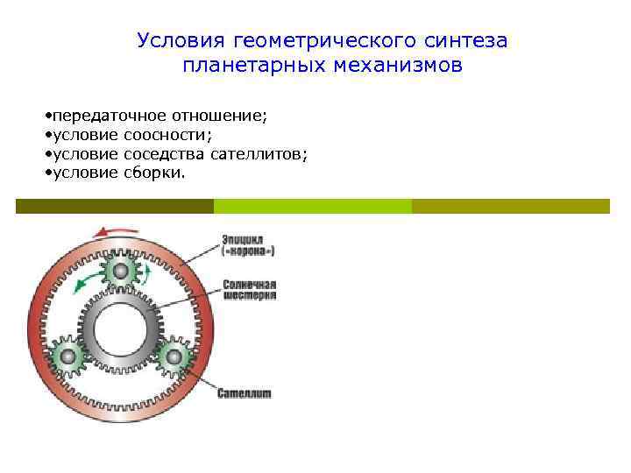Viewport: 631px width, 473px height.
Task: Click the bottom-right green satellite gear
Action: point(174,357)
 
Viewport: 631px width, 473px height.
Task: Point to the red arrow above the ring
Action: point(115,231)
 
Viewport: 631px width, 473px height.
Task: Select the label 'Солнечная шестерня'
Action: point(250,290)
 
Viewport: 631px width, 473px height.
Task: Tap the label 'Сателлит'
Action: point(245,393)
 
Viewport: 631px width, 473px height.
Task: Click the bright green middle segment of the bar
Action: point(313,206)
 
